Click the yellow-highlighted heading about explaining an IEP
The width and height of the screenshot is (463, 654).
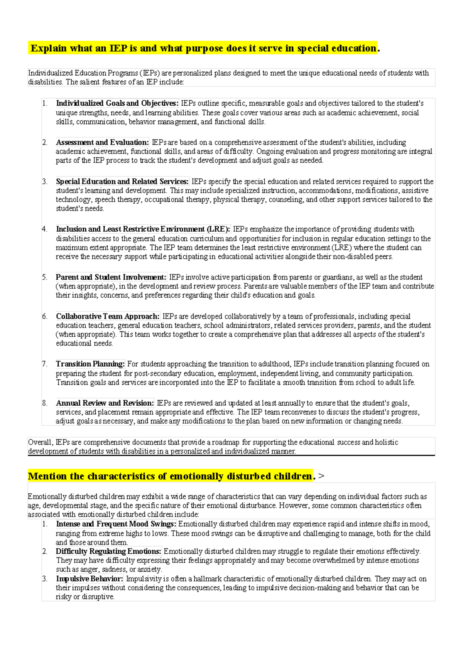(x=203, y=49)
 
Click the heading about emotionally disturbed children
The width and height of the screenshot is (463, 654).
(x=171, y=476)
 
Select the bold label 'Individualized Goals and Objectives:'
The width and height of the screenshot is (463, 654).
(x=117, y=103)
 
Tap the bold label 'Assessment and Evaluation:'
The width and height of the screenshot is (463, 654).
(x=102, y=142)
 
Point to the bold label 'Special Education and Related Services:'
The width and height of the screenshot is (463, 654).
(x=122, y=182)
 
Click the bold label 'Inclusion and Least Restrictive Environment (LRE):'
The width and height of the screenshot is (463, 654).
(x=143, y=229)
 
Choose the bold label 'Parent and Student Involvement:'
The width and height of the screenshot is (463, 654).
(x=111, y=277)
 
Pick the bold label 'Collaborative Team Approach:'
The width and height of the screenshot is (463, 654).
(x=108, y=317)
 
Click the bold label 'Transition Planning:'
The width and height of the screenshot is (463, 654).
(x=90, y=364)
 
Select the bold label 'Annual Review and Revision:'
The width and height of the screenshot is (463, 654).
(x=105, y=403)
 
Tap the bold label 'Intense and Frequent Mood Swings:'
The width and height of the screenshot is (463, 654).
(x=116, y=524)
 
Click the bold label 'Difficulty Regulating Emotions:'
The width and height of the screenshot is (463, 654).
(x=108, y=551)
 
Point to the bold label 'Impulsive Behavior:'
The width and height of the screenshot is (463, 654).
(x=90, y=579)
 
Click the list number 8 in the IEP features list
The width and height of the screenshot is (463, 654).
(x=45, y=403)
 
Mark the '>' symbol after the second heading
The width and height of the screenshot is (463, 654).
(x=321, y=477)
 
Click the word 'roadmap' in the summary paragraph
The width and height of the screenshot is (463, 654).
(x=225, y=443)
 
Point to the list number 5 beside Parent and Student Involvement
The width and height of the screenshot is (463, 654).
(x=45, y=277)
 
